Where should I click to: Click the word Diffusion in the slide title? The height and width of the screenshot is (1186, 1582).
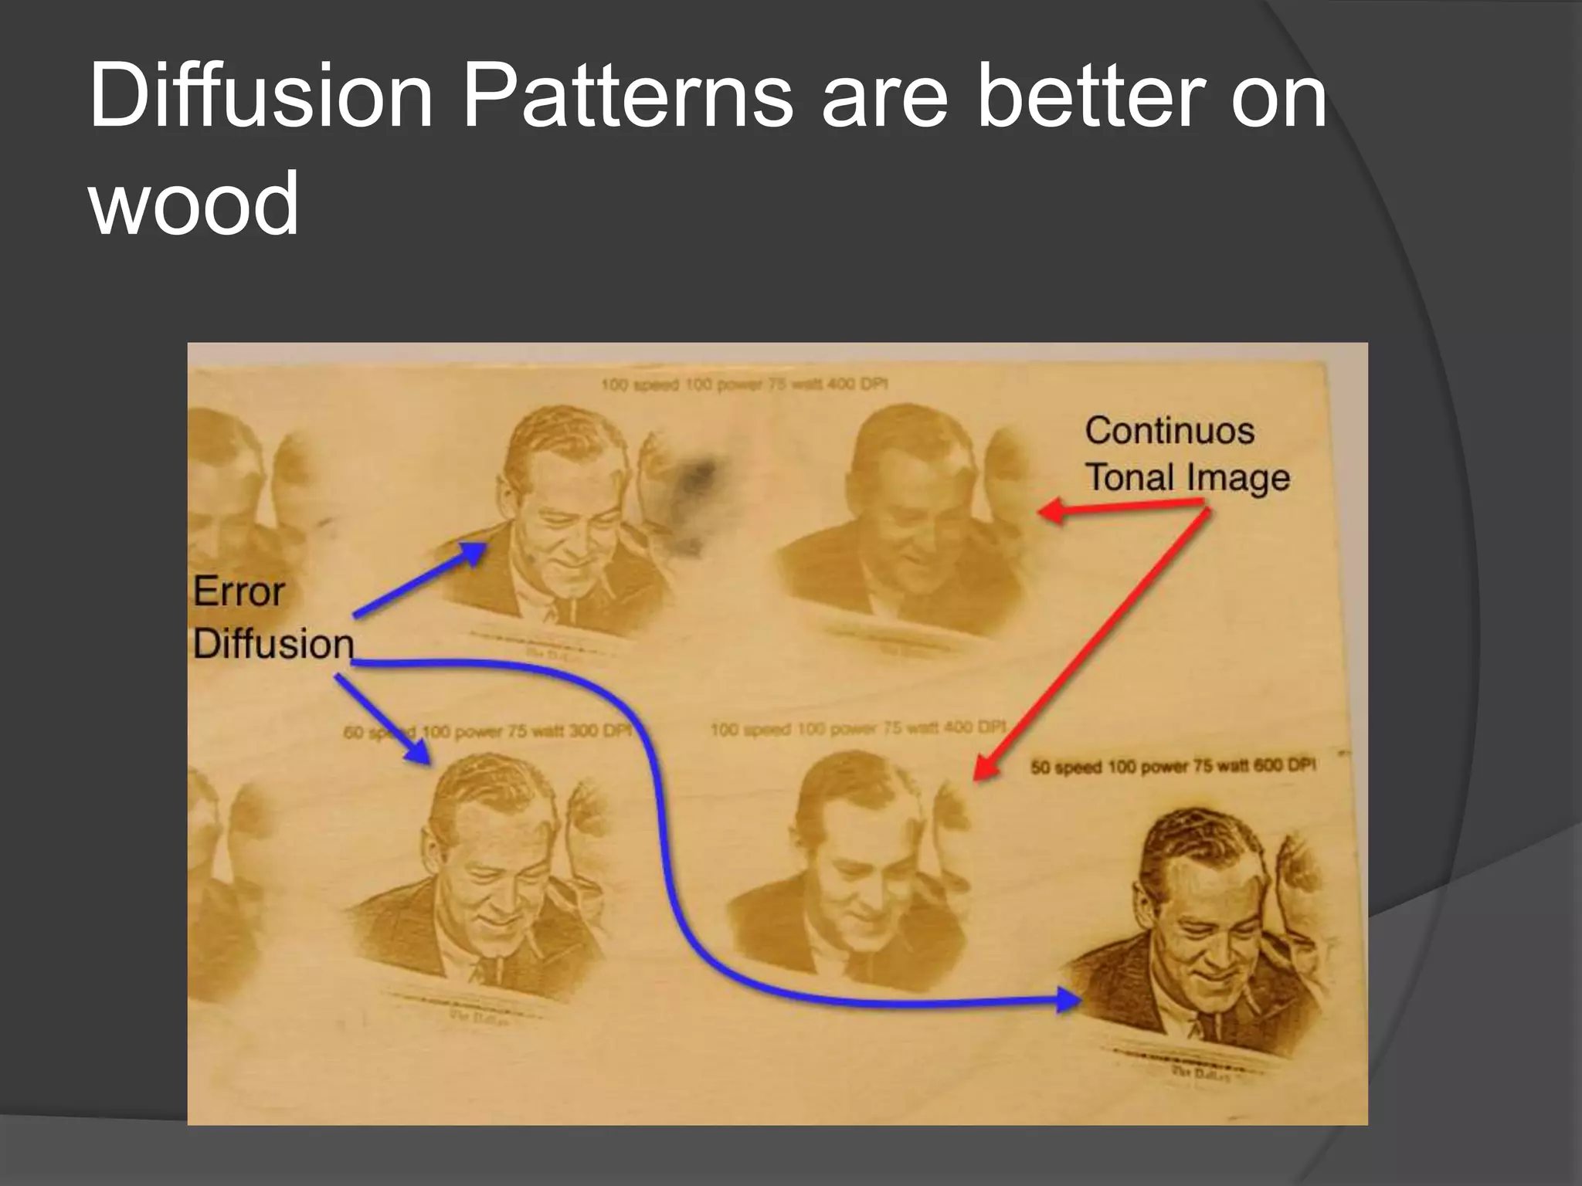(261, 98)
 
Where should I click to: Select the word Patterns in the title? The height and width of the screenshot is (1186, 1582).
(626, 98)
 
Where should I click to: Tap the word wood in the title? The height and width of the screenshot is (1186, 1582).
(194, 205)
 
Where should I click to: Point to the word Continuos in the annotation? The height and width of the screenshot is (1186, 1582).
(1169, 431)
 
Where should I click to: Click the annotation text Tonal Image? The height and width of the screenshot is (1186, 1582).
(1187, 477)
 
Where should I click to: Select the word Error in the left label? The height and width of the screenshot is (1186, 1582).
(239, 592)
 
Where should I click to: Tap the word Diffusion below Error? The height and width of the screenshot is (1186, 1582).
(273, 644)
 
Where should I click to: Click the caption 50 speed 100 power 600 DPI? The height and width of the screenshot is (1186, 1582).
(1173, 766)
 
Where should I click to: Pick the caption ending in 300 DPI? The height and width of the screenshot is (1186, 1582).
(488, 731)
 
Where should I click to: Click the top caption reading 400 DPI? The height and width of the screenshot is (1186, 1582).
(744, 384)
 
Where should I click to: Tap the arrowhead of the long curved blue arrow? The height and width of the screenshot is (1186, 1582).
(1069, 1000)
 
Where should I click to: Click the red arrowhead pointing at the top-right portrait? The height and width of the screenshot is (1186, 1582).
(1047, 511)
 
